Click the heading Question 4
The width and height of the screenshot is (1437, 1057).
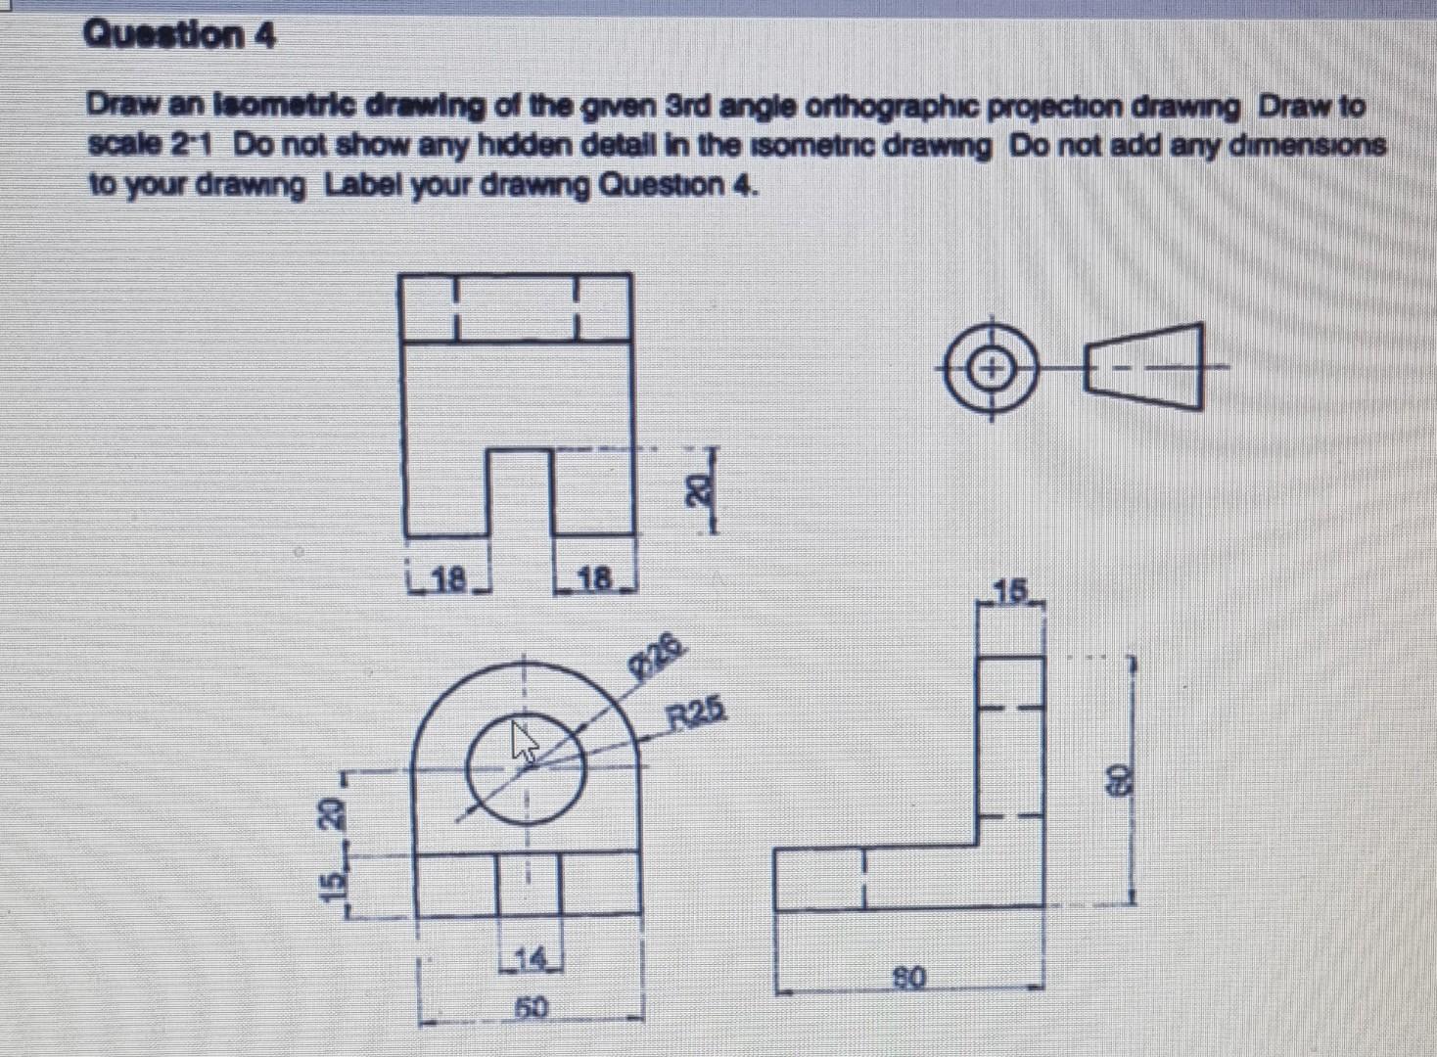pos(180,36)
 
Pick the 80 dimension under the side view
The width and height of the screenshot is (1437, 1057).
pos(909,976)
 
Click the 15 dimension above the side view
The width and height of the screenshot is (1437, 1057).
pos(1011,590)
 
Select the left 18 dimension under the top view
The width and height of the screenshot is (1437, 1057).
pos(448,578)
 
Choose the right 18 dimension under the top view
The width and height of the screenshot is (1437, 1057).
pos(594,578)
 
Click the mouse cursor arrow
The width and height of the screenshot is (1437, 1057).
pos(526,741)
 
